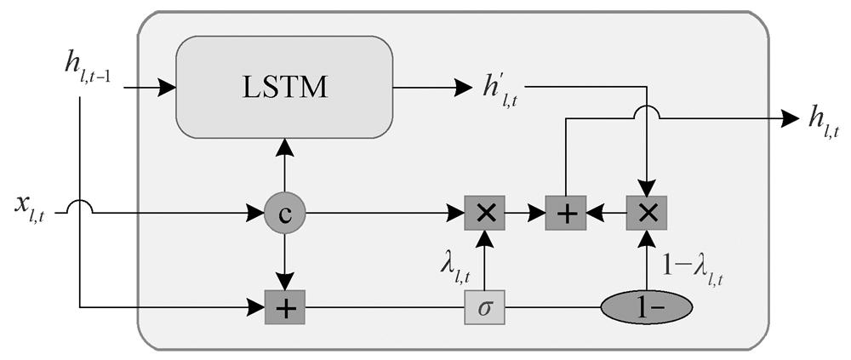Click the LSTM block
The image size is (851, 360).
(284, 87)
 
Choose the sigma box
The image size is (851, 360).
(484, 306)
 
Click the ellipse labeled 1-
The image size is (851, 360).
(647, 306)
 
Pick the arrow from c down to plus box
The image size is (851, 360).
(284, 264)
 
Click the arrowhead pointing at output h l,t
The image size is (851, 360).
(782, 120)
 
